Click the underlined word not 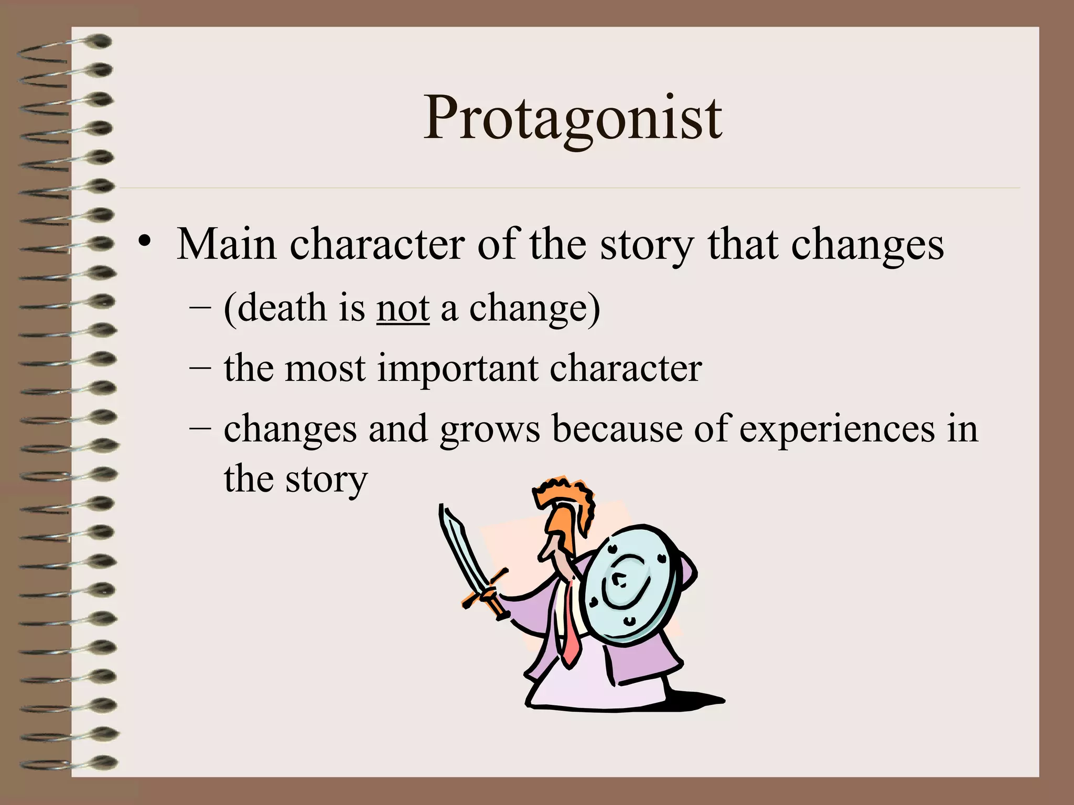click(403, 308)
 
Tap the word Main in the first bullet click(226, 244)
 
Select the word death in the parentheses click(282, 308)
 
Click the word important click(458, 368)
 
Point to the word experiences click(837, 430)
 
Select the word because click(617, 429)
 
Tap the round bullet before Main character click(144, 242)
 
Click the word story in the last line click(326, 480)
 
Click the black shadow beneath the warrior click(692, 700)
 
